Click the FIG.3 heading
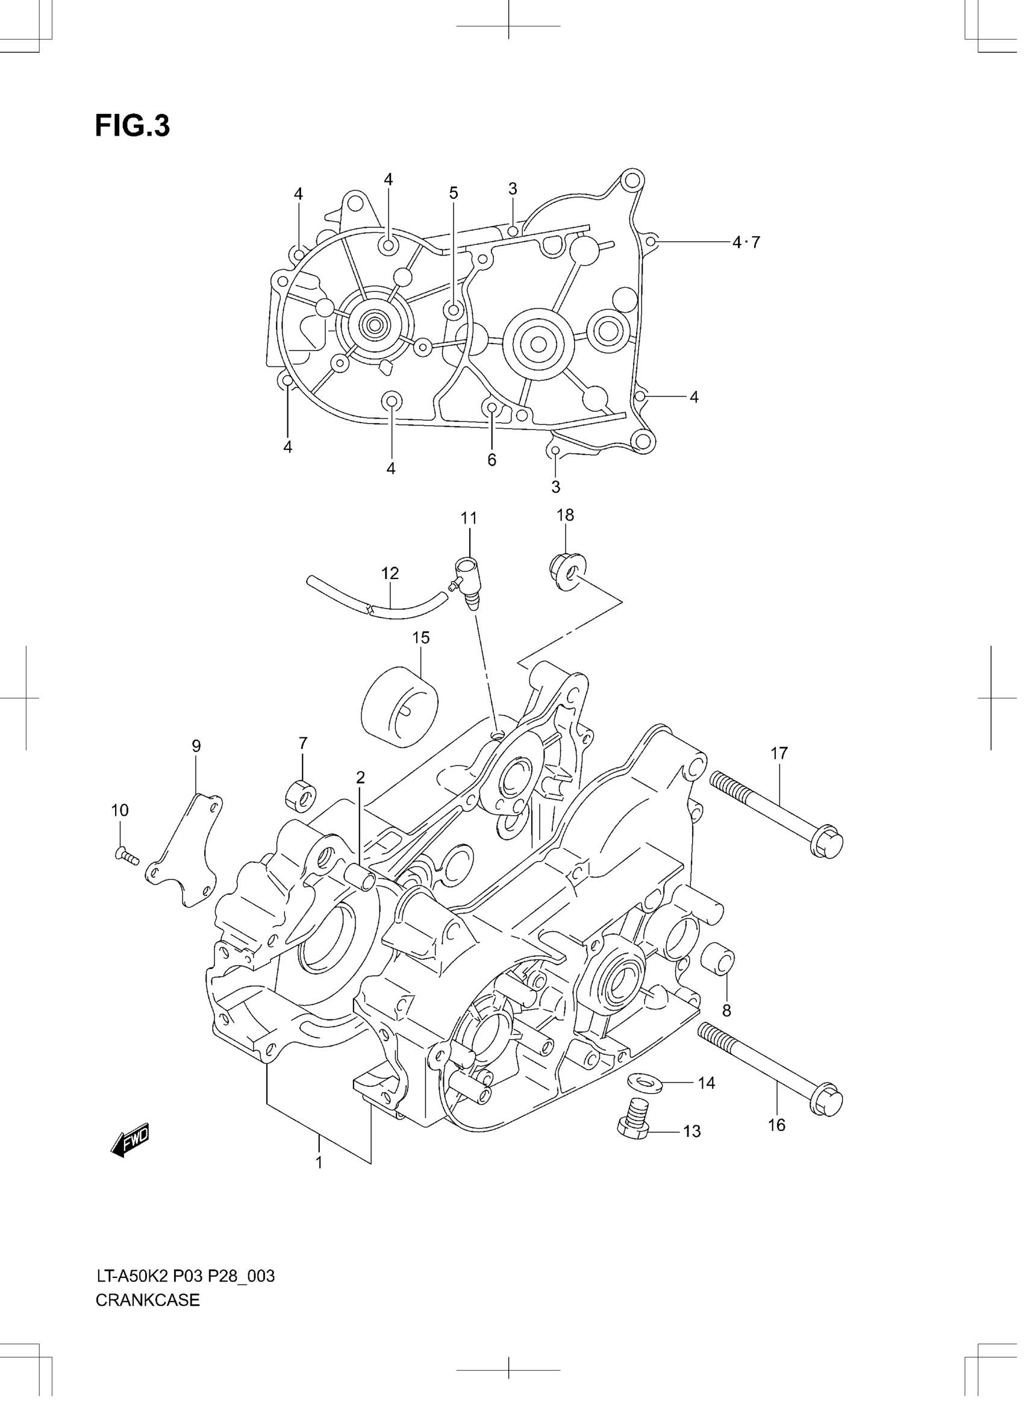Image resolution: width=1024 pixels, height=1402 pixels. tap(132, 126)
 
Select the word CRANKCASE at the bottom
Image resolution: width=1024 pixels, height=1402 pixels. tap(148, 1300)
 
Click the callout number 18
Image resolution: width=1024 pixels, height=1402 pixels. tap(564, 515)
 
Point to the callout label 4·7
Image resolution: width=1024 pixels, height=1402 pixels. tap(746, 242)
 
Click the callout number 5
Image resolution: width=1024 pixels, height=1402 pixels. tap(454, 193)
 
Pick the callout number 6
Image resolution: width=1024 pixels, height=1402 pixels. tap(492, 460)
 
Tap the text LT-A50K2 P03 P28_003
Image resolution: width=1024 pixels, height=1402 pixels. tap(185, 1276)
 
